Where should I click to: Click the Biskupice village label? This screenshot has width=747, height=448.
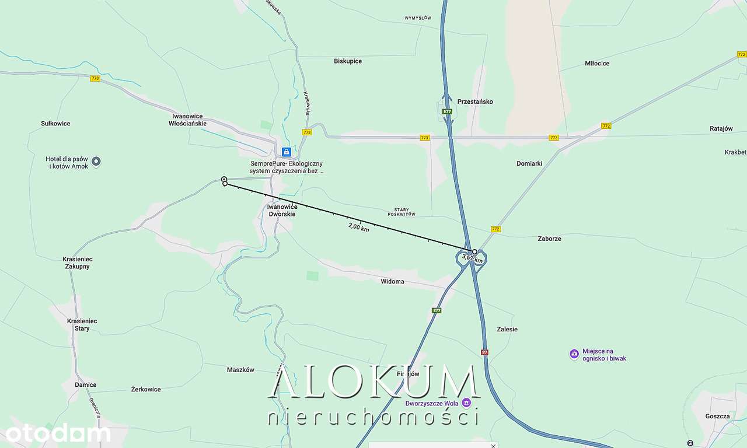348,61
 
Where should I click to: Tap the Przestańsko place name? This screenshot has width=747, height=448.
475,101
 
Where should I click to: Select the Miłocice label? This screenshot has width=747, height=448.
597,63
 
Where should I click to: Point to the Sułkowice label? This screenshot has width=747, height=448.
55,124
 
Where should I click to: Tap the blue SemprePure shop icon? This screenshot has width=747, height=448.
286,152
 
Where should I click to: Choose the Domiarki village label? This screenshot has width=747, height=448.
529,164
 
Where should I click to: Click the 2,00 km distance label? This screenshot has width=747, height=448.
358,228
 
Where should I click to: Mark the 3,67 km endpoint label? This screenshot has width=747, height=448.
472,257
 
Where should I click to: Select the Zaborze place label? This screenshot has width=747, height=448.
549,239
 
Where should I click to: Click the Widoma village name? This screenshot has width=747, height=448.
392,282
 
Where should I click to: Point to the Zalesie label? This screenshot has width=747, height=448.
507,329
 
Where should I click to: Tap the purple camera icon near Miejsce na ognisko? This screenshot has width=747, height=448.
574,353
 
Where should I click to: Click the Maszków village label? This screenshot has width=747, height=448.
240,370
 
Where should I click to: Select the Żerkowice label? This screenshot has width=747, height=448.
146,389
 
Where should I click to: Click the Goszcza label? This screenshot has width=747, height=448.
717,416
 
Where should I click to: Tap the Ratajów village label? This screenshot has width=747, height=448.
721,129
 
